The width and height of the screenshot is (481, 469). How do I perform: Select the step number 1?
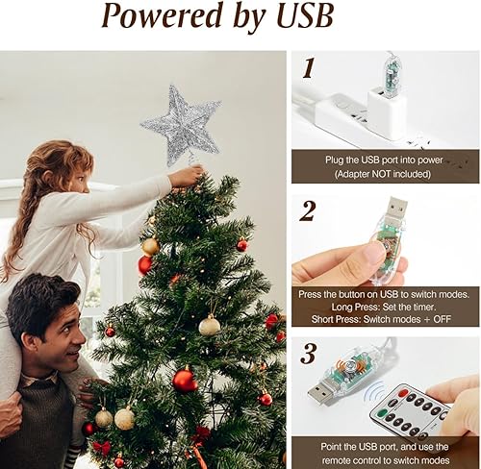[308, 68]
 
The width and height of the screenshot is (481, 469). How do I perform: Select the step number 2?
[309, 211]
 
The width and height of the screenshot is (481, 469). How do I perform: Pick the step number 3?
[308, 353]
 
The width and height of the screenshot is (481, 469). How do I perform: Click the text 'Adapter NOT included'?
[385, 174]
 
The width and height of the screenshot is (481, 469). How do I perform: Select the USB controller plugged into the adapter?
[392, 72]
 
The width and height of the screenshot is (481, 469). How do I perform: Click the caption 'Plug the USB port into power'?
[385, 160]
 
